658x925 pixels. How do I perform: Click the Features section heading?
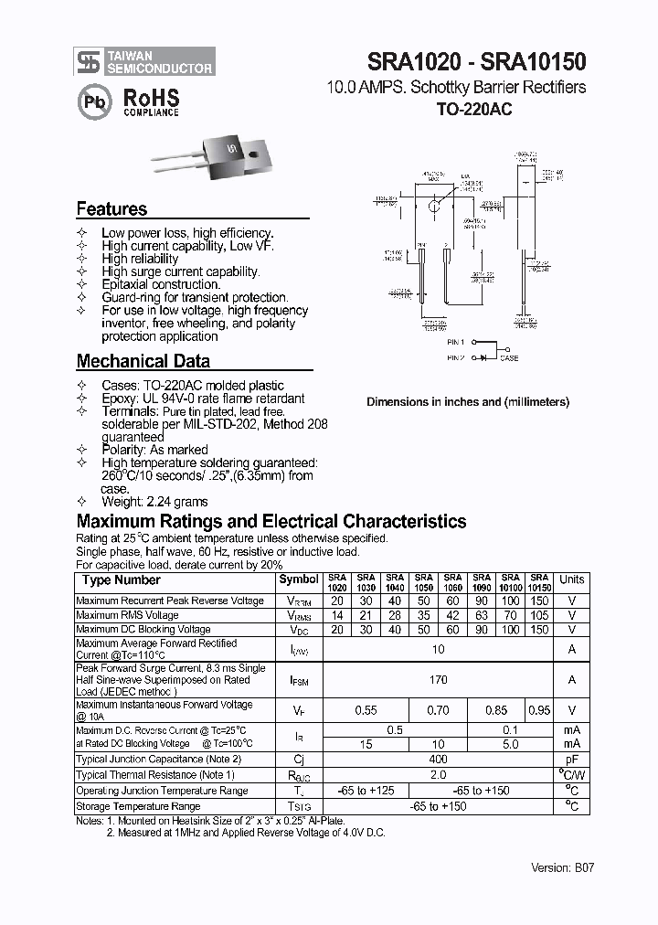[x=111, y=209]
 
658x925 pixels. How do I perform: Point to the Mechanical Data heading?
[x=143, y=361]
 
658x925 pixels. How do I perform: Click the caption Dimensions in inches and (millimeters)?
[x=468, y=402]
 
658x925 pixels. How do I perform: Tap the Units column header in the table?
[x=571, y=579]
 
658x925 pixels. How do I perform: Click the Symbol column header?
[x=299, y=579]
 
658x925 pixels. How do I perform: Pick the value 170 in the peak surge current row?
[x=439, y=680]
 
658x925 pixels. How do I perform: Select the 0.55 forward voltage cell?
[x=366, y=710]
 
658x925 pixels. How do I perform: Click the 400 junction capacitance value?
[x=439, y=760]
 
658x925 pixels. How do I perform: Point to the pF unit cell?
[x=571, y=760]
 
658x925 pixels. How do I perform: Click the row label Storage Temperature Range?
[x=138, y=807]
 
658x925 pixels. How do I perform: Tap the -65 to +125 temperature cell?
[x=366, y=791]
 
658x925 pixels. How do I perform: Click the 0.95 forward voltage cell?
[x=540, y=710]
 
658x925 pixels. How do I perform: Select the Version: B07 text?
[x=563, y=868]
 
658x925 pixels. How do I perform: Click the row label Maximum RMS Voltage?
[x=128, y=616]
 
